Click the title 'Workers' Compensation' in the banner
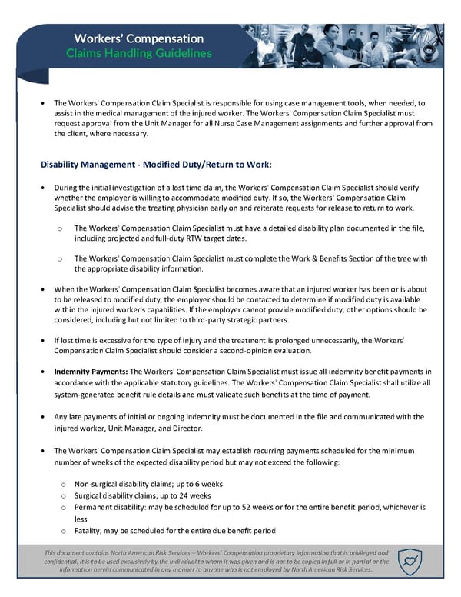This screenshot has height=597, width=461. pyautogui.click(x=139, y=38)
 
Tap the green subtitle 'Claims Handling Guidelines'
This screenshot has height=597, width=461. pyautogui.click(x=139, y=54)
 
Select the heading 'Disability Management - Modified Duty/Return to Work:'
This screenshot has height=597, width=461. pyautogui.click(x=156, y=165)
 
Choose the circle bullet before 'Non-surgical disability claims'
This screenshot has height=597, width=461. pyautogui.click(x=61, y=485)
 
